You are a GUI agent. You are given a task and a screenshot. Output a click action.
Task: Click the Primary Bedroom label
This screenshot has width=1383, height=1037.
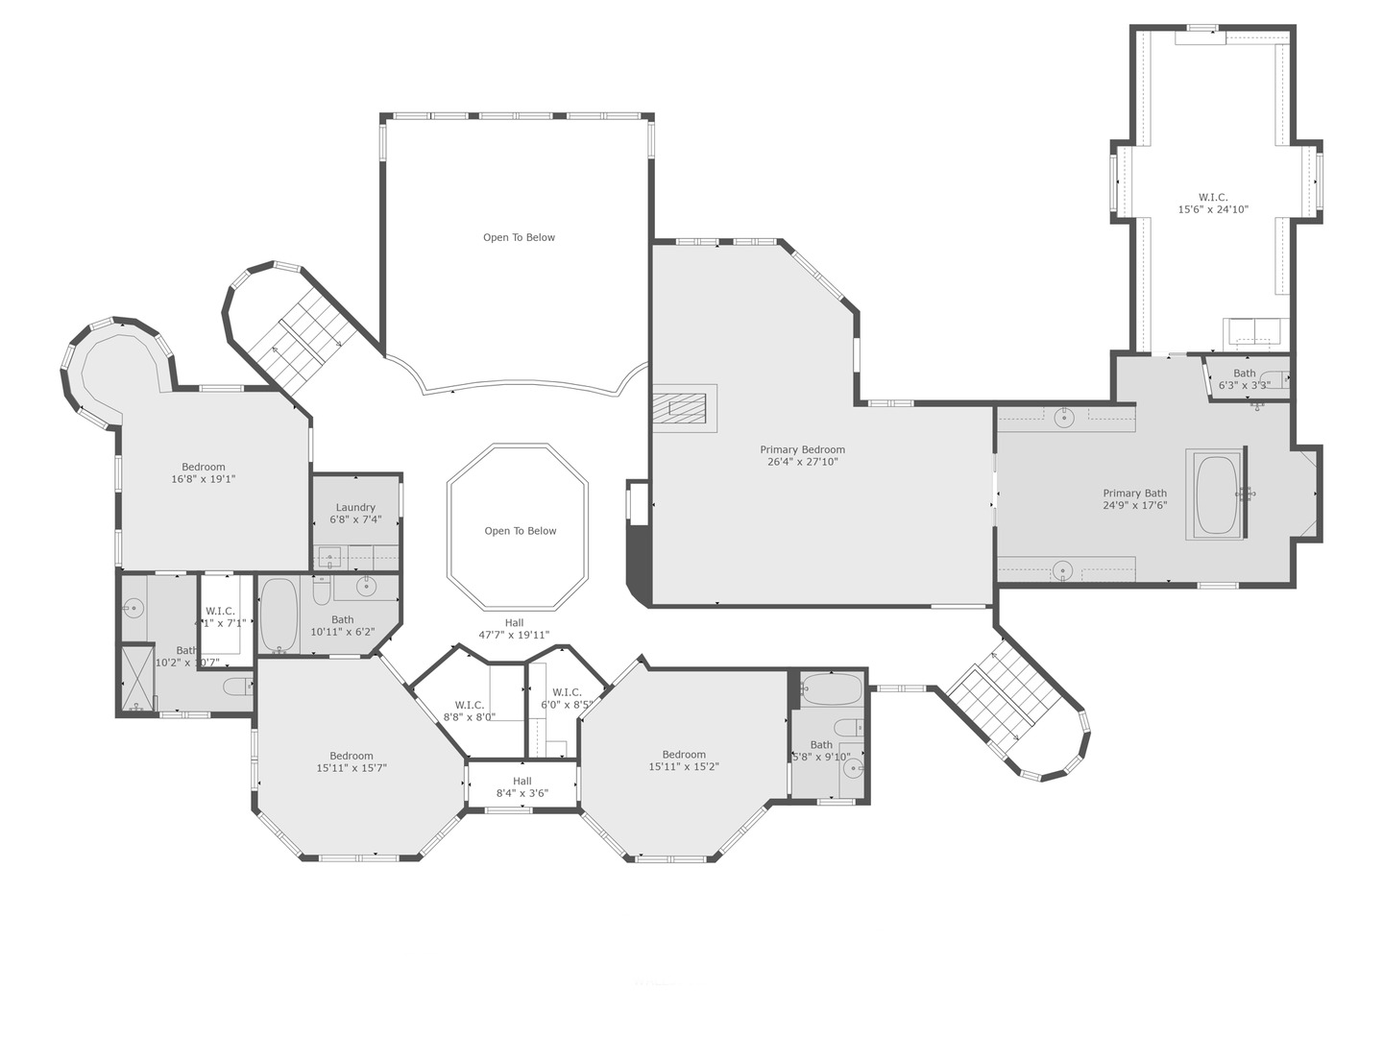[x=802, y=455]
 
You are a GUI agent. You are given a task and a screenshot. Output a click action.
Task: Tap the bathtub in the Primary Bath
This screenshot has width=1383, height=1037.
[x=1216, y=494]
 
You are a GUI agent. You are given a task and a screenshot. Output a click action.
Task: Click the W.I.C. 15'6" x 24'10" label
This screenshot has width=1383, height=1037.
[x=1213, y=204]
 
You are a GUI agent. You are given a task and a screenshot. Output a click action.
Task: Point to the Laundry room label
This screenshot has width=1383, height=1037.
[x=355, y=514]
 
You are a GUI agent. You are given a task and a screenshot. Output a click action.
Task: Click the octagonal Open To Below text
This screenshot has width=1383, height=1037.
[x=520, y=531]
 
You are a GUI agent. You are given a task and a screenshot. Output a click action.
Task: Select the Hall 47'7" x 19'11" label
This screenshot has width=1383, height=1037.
[x=514, y=629]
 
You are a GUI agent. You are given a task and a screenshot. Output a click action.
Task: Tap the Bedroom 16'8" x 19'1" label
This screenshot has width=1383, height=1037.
[x=203, y=473]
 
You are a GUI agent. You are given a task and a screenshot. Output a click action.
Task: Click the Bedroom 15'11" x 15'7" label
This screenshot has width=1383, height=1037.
[x=352, y=761]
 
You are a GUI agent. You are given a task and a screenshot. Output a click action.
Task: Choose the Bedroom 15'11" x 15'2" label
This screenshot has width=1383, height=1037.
[x=684, y=760]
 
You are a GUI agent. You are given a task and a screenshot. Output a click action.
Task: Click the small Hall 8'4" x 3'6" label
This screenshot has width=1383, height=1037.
[x=522, y=787]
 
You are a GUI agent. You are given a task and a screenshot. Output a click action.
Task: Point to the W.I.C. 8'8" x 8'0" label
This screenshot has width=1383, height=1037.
[x=469, y=711]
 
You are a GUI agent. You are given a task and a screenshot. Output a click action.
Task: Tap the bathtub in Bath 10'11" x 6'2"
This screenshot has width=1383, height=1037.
[x=279, y=615]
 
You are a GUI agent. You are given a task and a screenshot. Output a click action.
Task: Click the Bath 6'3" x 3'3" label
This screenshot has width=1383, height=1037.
[x=1244, y=379]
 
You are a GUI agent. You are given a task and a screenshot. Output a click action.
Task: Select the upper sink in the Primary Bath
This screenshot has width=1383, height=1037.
[x=1063, y=418]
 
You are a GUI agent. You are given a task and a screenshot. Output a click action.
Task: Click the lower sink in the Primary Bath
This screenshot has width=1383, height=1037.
[x=1061, y=571]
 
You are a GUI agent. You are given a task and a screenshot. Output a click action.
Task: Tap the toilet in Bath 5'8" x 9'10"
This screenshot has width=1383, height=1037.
[x=845, y=727]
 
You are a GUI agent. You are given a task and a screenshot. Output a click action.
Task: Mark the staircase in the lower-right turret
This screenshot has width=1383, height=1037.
[x=1004, y=696]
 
